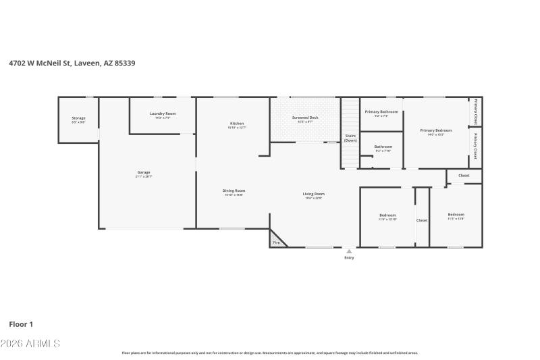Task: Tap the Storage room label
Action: click(x=79, y=118)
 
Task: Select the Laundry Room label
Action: click(x=163, y=113)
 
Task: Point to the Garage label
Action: click(x=144, y=172)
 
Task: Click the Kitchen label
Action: click(x=237, y=124)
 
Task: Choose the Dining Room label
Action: click(x=234, y=190)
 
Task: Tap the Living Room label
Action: click(x=314, y=194)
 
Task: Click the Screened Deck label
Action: click(x=305, y=118)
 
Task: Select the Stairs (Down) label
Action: click(x=350, y=138)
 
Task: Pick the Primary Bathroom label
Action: click(x=381, y=111)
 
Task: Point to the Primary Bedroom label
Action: click(x=435, y=130)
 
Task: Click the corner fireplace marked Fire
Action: click(x=276, y=242)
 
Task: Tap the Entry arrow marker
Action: click(x=349, y=251)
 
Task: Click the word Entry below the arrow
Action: click(x=349, y=257)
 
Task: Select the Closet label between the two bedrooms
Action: click(x=422, y=220)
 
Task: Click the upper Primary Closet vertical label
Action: click(x=476, y=112)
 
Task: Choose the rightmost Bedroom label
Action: click(x=456, y=215)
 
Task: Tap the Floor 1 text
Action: click(x=21, y=324)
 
